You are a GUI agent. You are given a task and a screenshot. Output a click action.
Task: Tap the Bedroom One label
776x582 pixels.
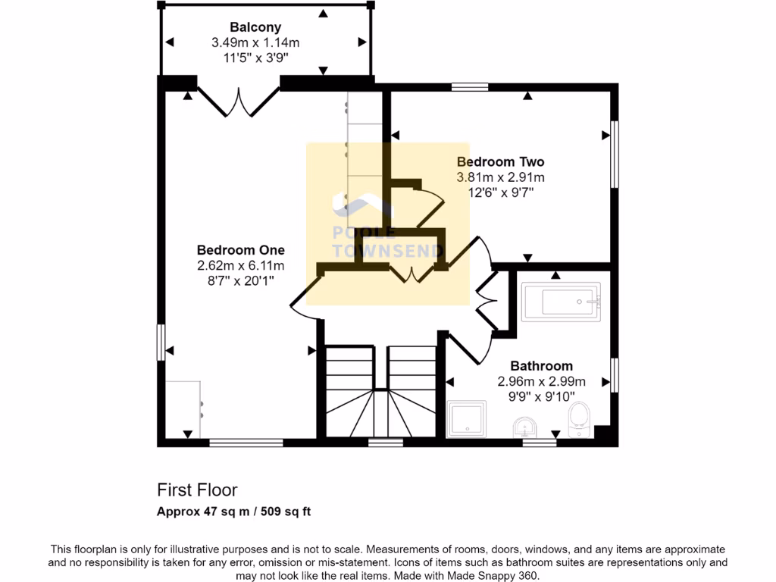click(240, 250)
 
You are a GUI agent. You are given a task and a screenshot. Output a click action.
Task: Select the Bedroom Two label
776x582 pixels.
click(500, 161)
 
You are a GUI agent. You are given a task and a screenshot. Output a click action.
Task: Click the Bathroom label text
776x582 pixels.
click(541, 365)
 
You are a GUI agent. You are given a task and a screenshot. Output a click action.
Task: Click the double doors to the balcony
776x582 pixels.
click(239, 102)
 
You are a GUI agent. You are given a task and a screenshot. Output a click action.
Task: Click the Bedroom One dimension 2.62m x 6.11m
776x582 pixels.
click(240, 265)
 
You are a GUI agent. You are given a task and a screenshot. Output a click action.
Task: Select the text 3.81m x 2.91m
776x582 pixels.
click(500, 177)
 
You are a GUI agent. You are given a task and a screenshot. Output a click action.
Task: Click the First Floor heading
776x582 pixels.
click(197, 490)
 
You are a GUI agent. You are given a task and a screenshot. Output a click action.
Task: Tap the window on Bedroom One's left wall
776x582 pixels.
click(161, 343)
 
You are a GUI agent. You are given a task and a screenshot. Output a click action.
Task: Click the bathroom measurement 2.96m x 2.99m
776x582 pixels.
click(541, 381)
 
